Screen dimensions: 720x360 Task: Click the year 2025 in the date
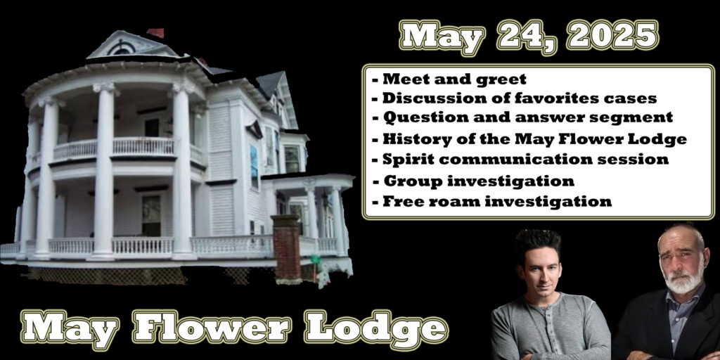612,34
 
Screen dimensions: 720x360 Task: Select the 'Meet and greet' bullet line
449,79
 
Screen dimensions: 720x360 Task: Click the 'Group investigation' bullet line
472,181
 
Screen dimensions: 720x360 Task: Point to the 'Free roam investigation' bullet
491,201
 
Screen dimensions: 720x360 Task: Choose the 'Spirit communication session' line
520,160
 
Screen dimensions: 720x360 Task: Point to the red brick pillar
286,247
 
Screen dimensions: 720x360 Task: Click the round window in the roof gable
121,48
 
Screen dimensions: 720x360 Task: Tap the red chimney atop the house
155,32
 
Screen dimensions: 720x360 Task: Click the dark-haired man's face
538,267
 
